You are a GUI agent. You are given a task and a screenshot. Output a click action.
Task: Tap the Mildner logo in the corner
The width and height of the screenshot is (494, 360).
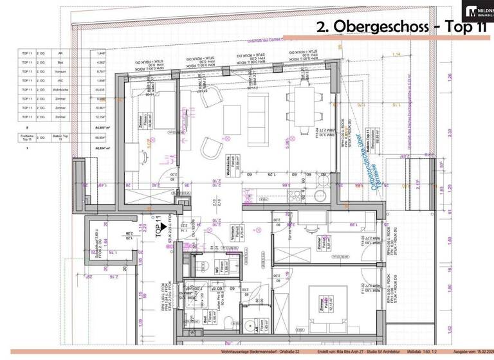(x=479, y=11)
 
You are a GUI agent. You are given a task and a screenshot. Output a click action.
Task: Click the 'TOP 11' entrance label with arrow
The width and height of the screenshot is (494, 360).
(x=156, y=229)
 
